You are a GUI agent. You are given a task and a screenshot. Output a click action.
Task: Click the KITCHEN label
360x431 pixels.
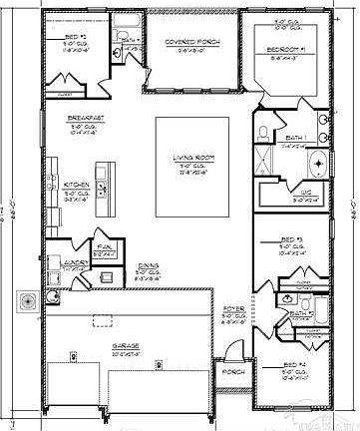(x=78, y=185)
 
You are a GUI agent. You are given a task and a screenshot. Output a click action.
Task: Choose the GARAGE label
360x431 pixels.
(x=124, y=345)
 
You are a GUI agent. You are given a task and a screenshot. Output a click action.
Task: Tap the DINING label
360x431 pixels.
(x=148, y=265)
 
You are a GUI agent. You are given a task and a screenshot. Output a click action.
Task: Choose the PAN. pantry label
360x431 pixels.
(x=104, y=245)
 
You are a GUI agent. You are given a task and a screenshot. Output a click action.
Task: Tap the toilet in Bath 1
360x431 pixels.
(x=261, y=133)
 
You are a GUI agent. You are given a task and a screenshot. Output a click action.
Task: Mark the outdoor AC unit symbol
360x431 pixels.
(x=26, y=299)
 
